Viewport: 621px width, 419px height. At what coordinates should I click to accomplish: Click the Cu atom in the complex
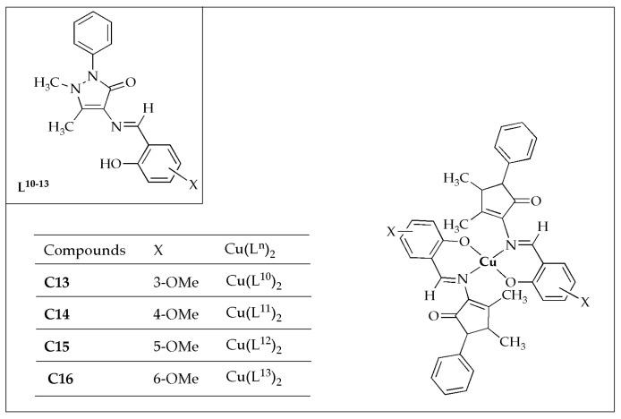click(488, 261)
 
